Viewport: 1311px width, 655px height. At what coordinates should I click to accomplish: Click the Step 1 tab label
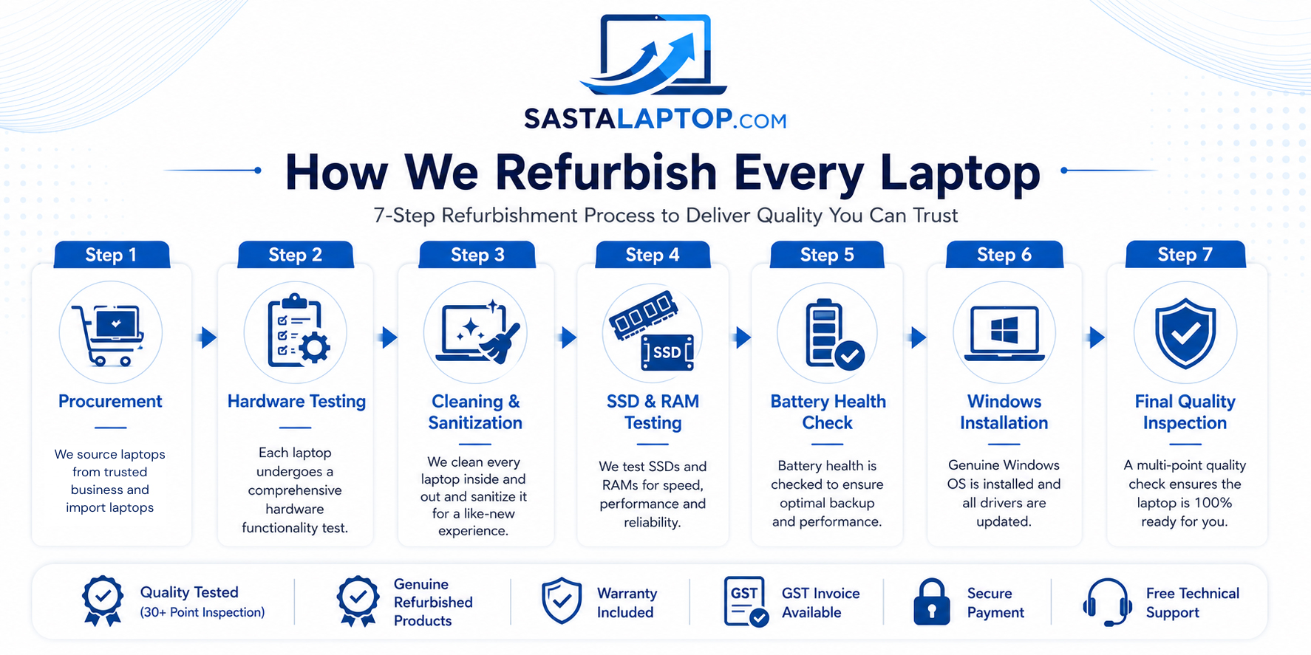(x=111, y=255)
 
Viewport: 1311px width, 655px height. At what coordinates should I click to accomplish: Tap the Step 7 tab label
(x=1185, y=255)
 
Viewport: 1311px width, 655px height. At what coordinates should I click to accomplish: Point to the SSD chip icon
(x=667, y=352)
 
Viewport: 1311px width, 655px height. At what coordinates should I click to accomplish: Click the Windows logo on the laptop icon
(x=1004, y=328)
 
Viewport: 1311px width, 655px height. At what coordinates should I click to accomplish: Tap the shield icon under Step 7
(x=1185, y=333)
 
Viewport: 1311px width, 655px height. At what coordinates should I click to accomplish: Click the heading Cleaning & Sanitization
(x=475, y=412)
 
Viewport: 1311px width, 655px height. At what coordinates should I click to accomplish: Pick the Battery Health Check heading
(x=828, y=412)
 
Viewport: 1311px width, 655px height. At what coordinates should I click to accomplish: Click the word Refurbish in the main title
(x=606, y=173)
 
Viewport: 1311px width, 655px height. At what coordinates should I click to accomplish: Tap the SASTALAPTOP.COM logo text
(x=655, y=119)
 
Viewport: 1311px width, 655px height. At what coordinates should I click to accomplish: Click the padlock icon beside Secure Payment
(x=932, y=602)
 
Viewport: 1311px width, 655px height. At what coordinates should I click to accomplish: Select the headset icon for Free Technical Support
(x=1107, y=602)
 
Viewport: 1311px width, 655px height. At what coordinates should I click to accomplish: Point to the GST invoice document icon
(x=746, y=602)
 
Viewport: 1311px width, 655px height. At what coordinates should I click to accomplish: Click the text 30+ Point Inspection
(x=202, y=612)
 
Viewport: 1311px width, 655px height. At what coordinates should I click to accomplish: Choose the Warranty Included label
(x=627, y=603)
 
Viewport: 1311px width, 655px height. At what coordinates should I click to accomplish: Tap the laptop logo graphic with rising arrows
(x=655, y=55)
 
